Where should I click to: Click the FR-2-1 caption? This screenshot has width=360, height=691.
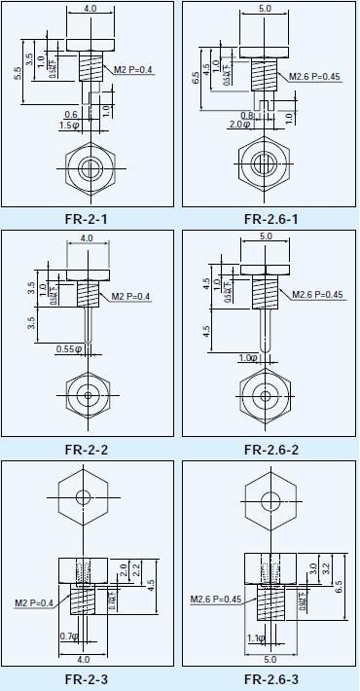[86, 219]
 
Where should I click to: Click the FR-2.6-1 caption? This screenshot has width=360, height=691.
[270, 219]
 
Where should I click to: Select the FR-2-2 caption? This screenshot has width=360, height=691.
[86, 449]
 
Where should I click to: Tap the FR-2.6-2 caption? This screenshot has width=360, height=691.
[270, 449]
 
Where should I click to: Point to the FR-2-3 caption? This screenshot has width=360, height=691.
[86, 679]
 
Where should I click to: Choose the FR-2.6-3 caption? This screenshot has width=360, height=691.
[270, 679]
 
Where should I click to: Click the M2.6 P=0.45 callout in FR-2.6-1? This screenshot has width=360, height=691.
[314, 77]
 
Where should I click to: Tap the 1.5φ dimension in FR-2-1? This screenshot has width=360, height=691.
[69, 126]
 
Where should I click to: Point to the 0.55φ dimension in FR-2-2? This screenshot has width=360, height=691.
[67, 348]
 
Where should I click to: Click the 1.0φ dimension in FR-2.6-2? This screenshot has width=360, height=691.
[248, 358]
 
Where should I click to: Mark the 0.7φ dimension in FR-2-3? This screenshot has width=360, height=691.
[67, 636]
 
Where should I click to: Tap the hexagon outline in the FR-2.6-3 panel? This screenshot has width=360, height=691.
[270, 496]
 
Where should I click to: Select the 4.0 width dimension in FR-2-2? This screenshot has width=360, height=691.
[87, 237]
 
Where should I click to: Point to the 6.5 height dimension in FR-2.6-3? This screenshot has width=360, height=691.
[338, 588]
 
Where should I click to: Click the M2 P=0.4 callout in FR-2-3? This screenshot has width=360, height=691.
[33, 603]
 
